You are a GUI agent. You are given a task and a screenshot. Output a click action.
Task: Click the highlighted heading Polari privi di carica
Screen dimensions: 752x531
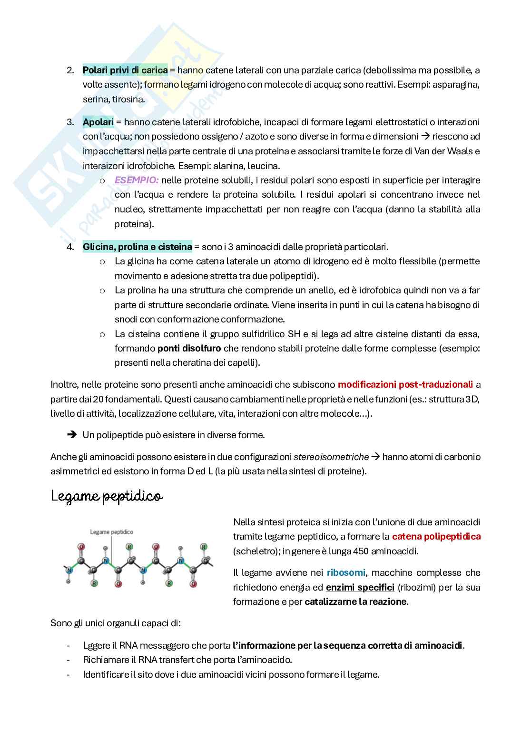[x=125, y=70]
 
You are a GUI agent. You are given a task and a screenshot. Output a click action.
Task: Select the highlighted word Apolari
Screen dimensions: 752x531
[x=98, y=122]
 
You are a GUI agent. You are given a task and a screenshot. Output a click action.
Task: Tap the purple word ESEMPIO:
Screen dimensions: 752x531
[x=136, y=180]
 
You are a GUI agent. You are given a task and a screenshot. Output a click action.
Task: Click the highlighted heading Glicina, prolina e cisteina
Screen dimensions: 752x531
[x=137, y=247]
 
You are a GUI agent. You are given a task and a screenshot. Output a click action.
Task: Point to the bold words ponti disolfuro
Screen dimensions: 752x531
[x=189, y=348]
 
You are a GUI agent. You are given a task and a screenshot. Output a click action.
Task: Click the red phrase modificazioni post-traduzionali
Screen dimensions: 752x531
[x=405, y=384]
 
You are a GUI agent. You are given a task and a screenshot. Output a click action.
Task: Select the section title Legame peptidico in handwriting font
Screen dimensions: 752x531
[x=107, y=497]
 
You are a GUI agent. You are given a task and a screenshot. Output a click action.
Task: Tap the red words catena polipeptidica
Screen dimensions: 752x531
[x=436, y=536]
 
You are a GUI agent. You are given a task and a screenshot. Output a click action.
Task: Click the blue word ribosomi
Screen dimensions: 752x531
[x=346, y=572]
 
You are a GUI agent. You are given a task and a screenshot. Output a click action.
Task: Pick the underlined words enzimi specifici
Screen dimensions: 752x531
[x=360, y=587]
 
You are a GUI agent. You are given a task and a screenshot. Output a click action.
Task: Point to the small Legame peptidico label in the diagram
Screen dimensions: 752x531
[x=111, y=532]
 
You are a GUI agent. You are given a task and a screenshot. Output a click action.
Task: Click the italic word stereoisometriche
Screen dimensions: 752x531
[x=331, y=457]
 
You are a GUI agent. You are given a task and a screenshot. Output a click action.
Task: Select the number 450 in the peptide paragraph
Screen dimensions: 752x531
[x=361, y=551]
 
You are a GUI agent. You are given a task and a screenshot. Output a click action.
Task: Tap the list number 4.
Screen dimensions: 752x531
[x=70, y=247]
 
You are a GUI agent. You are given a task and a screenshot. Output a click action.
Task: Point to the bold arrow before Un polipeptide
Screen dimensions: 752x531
[x=72, y=435]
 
